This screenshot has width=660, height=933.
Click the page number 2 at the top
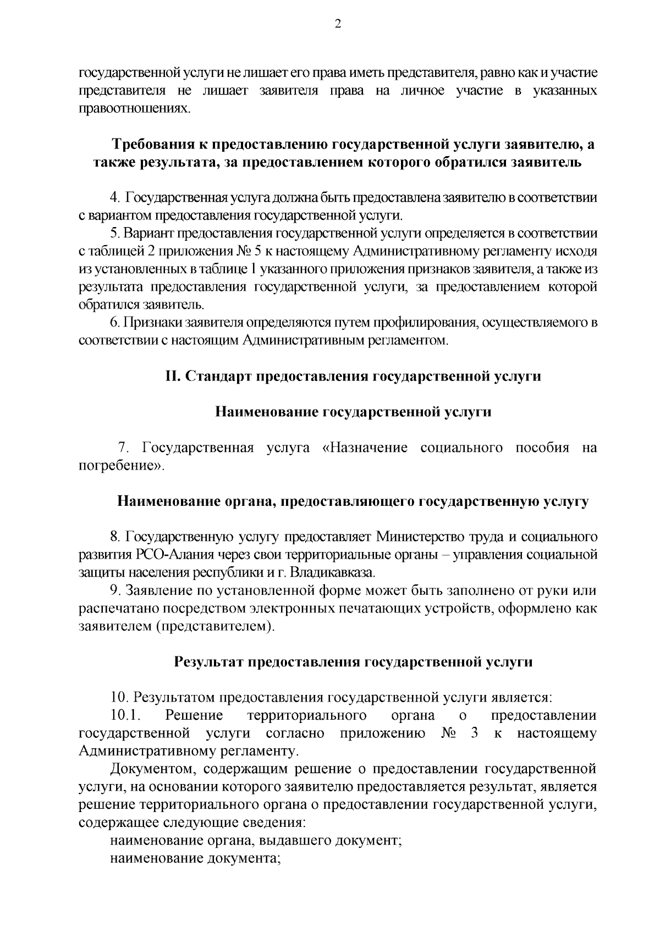[x=338, y=24]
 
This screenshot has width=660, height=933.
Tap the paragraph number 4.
[x=114, y=197]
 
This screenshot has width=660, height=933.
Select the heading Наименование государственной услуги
[x=353, y=412]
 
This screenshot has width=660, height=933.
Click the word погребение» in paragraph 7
[x=122, y=466]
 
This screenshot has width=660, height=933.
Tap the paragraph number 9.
[x=116, y=590]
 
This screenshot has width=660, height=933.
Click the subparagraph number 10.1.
[x=126, y=715]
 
